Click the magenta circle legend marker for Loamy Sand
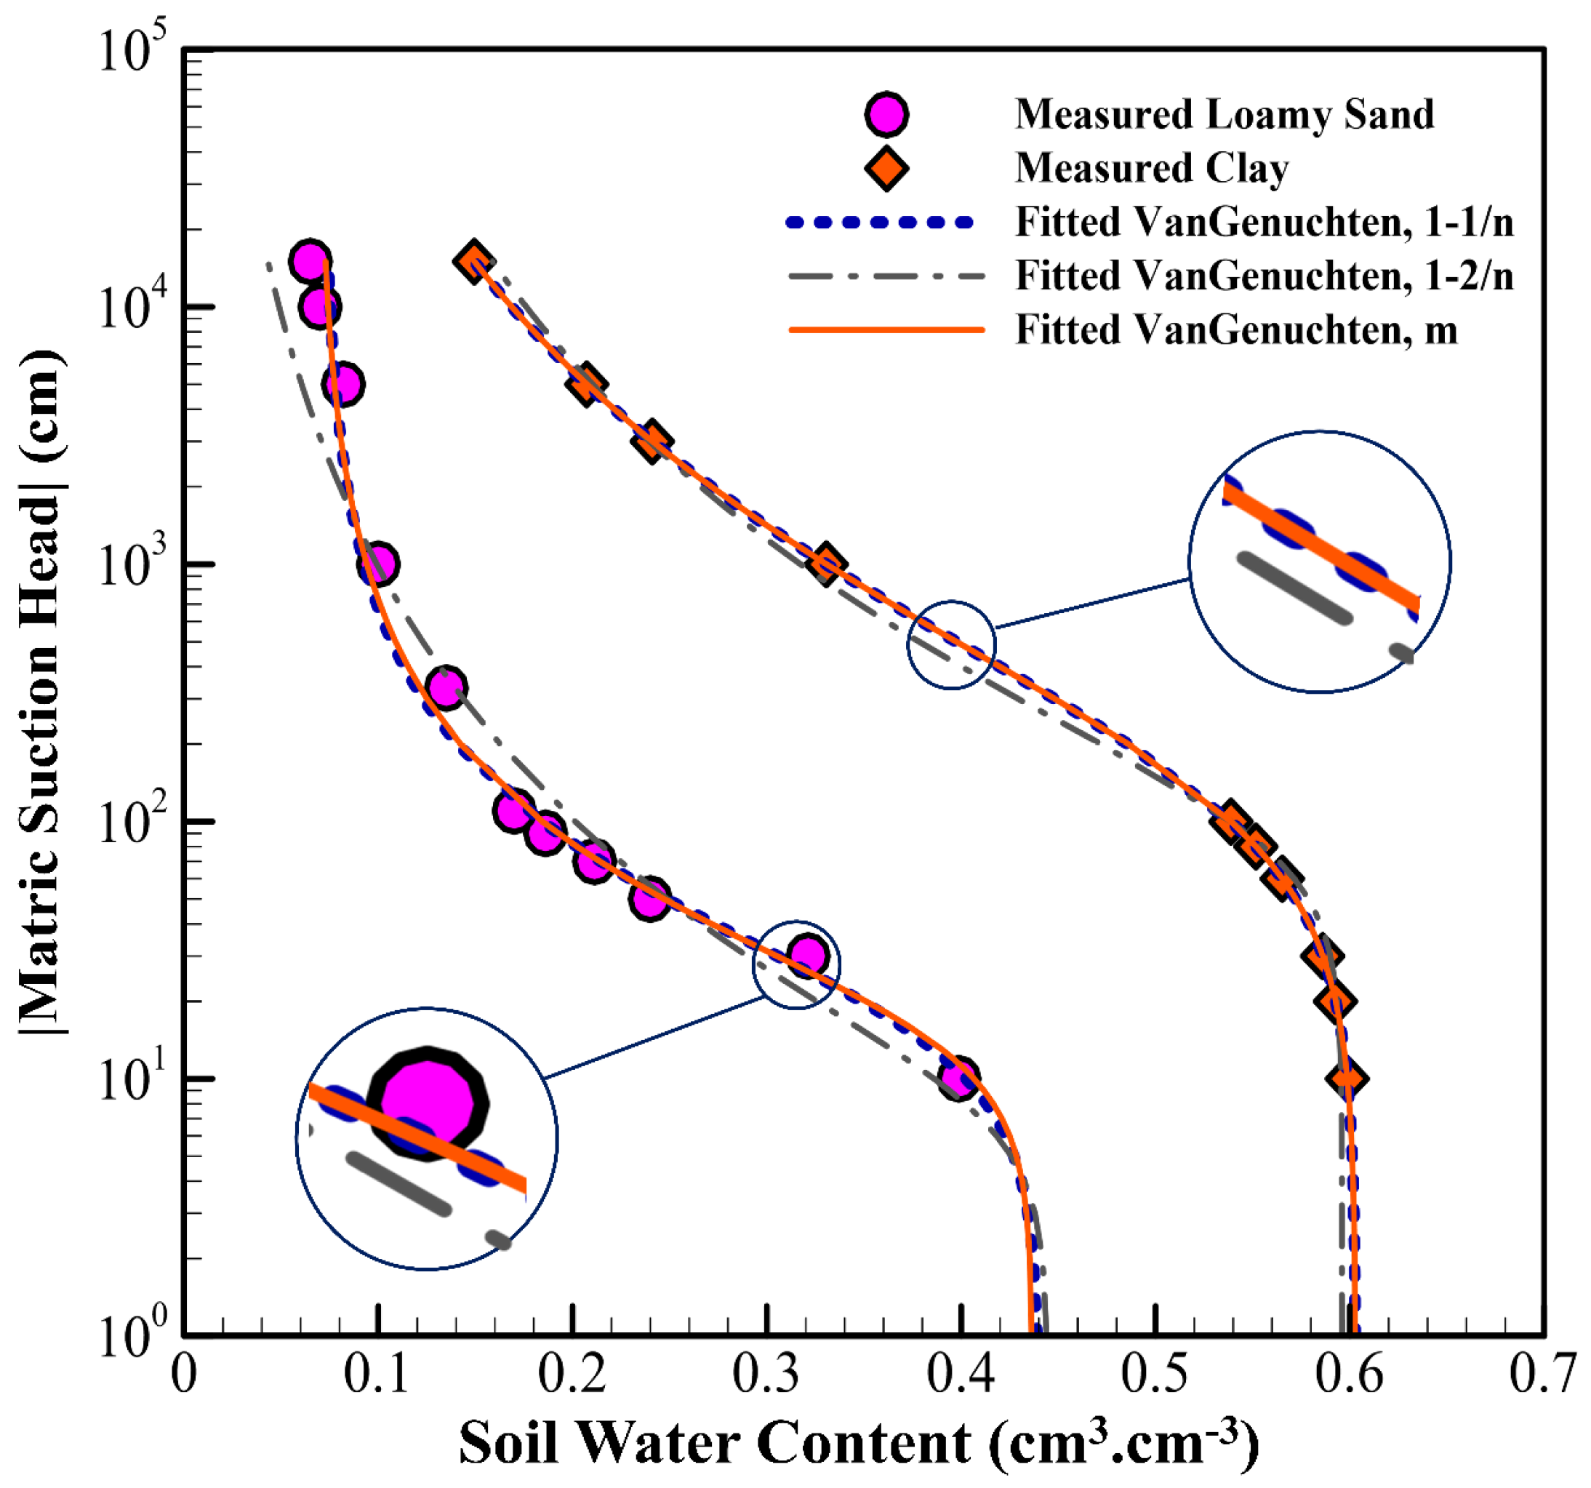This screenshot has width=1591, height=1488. tap(886, 114)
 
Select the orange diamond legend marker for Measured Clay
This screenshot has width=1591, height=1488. tap(886, 168)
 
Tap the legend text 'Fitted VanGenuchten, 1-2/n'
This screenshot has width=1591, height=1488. tap(1264, 276)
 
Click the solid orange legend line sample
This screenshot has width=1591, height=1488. tap(886, 329)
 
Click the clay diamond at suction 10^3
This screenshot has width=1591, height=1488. tap(825, 564)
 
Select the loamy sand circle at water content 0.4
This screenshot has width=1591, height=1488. tap(958, 1078)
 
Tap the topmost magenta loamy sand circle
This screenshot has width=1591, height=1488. tap(310, 260)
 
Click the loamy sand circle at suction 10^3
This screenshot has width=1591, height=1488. tap(377, 564)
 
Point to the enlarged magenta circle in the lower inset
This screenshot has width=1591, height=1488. tap(429, 1104)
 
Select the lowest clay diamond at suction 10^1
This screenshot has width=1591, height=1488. tap(1346, 1078)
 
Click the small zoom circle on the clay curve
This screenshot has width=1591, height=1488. tap(952, 645)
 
